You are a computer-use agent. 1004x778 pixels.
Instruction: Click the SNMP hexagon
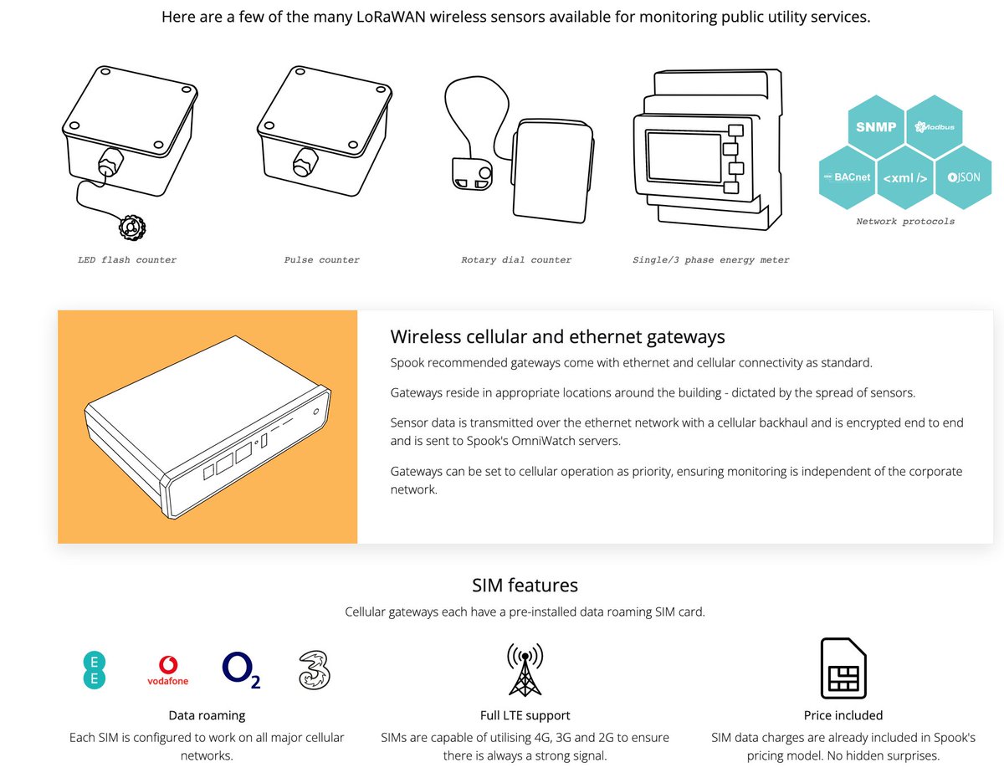[875, 126]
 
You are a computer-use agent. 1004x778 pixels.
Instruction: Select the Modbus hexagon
[934, 126]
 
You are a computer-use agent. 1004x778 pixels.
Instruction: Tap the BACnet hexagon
[847, 177]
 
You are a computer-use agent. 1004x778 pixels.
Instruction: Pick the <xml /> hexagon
[904, 177]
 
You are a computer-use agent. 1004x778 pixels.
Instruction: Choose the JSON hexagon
[963, 177]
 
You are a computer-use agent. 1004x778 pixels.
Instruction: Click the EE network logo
[95, 670]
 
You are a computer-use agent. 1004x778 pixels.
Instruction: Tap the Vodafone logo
[167, 670]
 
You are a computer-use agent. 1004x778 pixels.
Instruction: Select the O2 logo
[241, 669]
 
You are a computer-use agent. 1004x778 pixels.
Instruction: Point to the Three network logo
[315, 670]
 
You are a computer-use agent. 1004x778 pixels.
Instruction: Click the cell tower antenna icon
[525, 669]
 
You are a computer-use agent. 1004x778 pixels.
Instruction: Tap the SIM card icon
[843, 668]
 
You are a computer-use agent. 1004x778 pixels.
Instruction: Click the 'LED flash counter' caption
[127, 259]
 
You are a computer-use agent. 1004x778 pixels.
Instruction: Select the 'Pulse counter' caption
[321, 259]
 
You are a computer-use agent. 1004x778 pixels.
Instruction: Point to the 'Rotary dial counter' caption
[516, 259]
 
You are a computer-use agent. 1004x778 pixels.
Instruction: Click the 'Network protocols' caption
[905, 222]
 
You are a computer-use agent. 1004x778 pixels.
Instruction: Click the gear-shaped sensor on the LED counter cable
[132, 227]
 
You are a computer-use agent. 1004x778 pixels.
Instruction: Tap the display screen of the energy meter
[684, 157]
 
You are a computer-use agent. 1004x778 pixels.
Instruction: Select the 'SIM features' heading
[525, 585]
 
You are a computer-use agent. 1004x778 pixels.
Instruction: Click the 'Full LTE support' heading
[525, 715]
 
